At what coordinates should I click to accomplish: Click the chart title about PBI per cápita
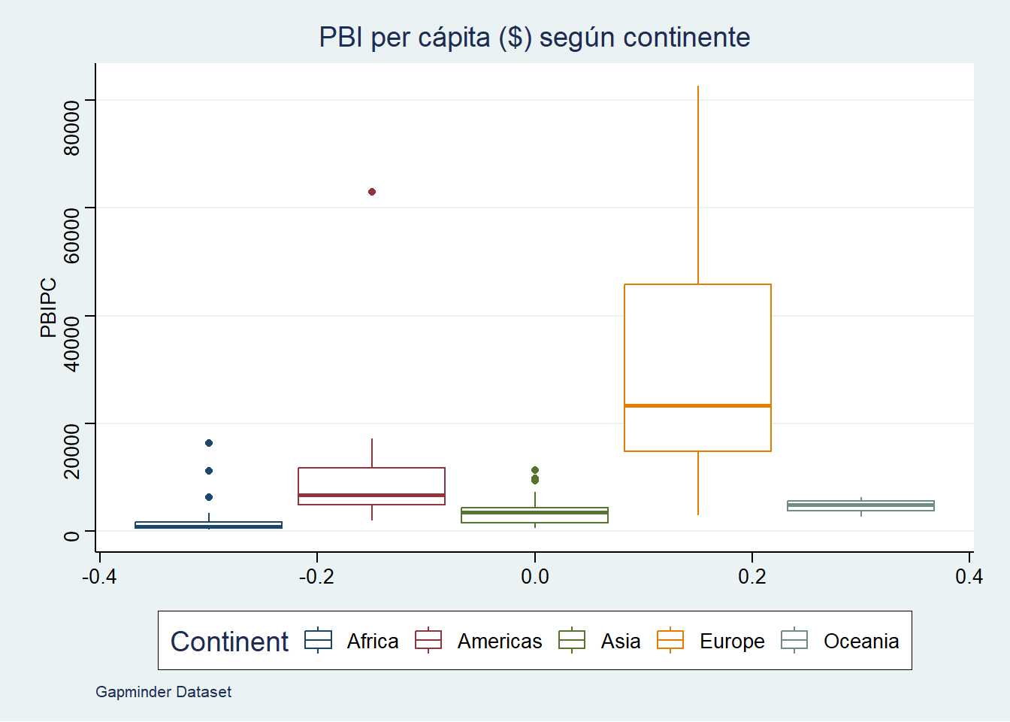pos(534,37)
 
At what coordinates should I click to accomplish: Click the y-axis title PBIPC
pos(48,308)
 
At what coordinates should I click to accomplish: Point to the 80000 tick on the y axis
pos(71,128)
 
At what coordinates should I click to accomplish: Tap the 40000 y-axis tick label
pos(71,344)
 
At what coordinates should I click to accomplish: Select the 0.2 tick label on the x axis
pos(752,577)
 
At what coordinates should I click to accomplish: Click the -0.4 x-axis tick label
pos(99,577)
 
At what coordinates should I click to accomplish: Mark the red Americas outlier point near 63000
pos(372,192)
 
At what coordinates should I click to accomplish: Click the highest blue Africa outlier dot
pos(209,443)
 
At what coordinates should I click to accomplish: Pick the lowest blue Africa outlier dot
pos(209,497)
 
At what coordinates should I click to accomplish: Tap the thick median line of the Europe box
pos(697,405)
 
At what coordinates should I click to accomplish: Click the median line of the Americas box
pos(371,495)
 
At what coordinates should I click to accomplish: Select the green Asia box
pos(534,515)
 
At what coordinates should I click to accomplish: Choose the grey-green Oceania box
pos(860,505)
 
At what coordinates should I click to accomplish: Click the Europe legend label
pos(732,642)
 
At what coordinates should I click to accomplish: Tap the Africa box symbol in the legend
pos(318,640)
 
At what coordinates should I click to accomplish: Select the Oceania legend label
pos(861,642)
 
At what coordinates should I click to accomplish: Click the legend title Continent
pos(229,642)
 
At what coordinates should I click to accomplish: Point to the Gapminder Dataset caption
pos(163,692)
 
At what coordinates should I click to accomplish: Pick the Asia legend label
pos(621,642)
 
